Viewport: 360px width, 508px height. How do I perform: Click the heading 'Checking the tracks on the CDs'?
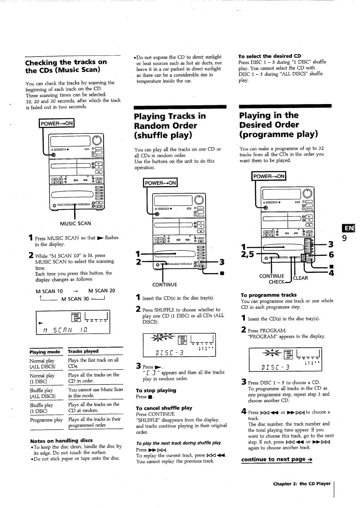[66, 66]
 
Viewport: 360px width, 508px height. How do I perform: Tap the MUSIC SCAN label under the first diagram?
[75, 223]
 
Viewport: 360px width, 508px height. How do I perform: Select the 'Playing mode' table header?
[45, 352]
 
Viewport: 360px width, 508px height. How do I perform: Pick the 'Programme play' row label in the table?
[46, 420]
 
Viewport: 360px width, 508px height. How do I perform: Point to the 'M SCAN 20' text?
[102, 291]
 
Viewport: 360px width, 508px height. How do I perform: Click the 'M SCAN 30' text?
[75, 299]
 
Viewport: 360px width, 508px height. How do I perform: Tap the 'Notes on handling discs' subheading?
[61, 441]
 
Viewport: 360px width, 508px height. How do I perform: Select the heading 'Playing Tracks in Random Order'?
[170, 125]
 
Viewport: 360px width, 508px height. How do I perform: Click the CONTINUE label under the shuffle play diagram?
[165, 285]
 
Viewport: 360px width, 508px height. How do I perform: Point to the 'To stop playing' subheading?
[156, 390]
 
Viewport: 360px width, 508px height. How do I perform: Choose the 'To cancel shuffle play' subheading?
[164, 408]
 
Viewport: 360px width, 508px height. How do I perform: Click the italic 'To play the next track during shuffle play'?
[178, 443]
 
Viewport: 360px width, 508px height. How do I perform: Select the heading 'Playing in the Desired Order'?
[278, 125]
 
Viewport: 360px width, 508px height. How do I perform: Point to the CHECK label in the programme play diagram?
[277, 282]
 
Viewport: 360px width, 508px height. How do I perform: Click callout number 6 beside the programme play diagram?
[331, 255]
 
